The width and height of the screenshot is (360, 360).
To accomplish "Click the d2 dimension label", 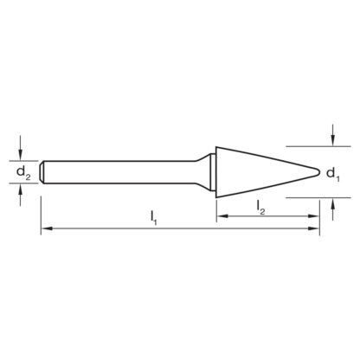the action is [23, 173].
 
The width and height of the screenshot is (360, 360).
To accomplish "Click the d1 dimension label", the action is [332, 175].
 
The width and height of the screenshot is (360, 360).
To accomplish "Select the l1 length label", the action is [153, 218].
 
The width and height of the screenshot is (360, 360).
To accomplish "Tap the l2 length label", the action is [260, 208].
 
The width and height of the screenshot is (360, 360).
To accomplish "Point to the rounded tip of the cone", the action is [318, 172].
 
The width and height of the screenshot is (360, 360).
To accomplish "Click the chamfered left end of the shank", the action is [42, 172].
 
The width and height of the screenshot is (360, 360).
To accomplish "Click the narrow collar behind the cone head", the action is [212, 172].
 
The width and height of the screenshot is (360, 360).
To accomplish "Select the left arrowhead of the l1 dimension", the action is [47, 228].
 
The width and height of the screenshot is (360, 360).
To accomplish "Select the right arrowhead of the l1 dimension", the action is [313, 228].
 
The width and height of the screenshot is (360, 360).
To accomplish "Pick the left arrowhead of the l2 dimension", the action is [222, 215].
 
